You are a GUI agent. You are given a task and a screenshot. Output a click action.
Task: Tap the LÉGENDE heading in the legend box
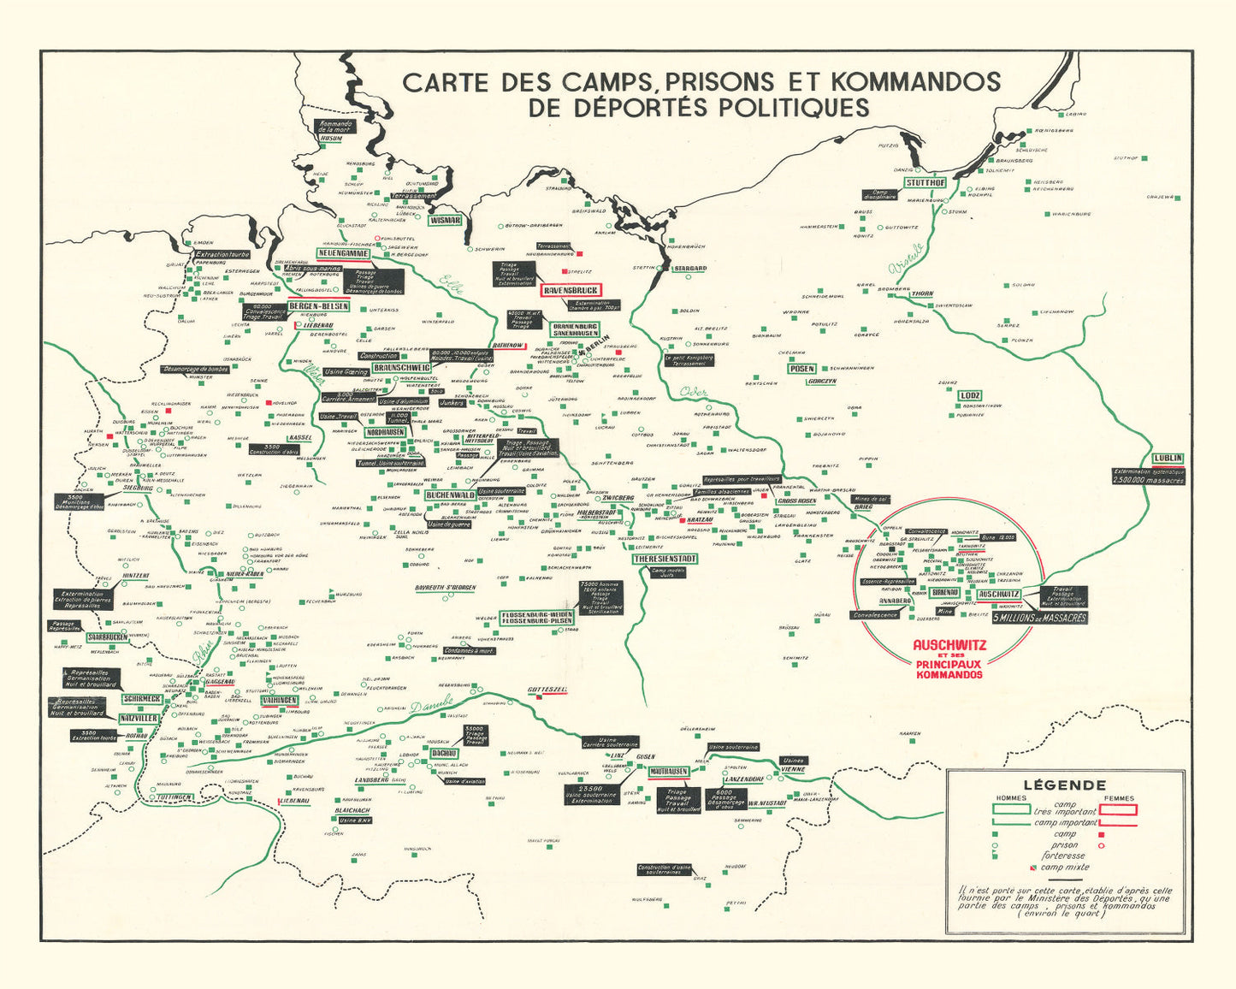1064,785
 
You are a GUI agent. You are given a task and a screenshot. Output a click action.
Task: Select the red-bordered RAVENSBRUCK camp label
571,290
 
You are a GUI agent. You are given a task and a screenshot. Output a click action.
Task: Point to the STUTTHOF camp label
926,182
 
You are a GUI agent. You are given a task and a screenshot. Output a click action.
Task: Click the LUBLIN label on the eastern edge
1168,458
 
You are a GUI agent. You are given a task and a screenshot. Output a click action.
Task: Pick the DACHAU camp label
444,753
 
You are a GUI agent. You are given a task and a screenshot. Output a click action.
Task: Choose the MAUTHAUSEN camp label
668,771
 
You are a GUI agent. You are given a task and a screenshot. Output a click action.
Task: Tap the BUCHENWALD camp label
450,494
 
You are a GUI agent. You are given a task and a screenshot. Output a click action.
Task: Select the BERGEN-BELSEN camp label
318,306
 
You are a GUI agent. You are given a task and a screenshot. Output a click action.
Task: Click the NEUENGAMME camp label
343,253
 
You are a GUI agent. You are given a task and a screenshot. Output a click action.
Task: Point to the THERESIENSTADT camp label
665,559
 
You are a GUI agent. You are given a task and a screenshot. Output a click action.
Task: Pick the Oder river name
693,393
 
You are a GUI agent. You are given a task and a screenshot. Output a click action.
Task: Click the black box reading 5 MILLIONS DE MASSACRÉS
1039,617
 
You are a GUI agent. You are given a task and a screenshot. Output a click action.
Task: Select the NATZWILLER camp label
139,718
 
